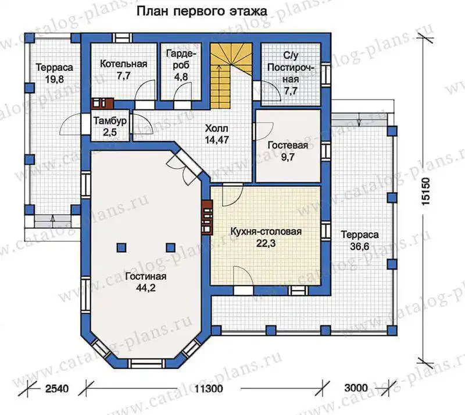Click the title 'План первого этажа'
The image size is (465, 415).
pyautogui.click(x=202, y=11)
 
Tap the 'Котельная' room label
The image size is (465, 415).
pyautogui.click(x=124, y=64)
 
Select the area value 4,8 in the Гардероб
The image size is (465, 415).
pyautogui.click(x=181, y=77)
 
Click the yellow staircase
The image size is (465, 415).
pyautogui.click(x=231, y=76)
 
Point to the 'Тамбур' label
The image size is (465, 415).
pyautogui.click(x=110, y=121)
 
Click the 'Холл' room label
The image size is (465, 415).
pyautogui.click(x=217, y=128)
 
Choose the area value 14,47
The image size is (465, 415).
pyautogui.click(x=217, y=140)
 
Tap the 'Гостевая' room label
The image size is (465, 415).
pyautogui.click(x=288, y=146)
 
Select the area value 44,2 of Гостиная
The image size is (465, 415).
pyautogui.click(x=146, y=288)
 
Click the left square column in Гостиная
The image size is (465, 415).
pyautogui.click(x=121, y=247)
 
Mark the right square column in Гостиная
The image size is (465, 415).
pyautogui.click(x=170, y=247)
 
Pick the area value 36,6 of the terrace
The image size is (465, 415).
pyautogui.click(x=360, y=246)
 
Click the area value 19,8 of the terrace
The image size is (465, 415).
pyautogui.click(x=55, y=79)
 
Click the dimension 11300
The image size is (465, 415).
pyautogui.click(x=209, y=388)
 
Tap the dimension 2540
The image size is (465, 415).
pyautogui.click(x=57, y=388)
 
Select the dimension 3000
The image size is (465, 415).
pyautogui.click(x=356, y=388)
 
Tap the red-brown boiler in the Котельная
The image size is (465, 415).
pyautogui.click(x=102, y=103)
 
